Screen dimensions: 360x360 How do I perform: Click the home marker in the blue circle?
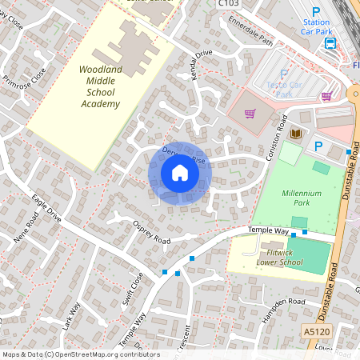179,173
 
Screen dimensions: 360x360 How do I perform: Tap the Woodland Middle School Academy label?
100,87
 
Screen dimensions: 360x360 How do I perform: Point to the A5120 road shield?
316,330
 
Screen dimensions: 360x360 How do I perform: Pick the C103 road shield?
228,4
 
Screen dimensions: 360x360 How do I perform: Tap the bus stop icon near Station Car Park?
330,42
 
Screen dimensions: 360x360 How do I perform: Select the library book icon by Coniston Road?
295,133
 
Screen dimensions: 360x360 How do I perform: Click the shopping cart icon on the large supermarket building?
250,113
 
